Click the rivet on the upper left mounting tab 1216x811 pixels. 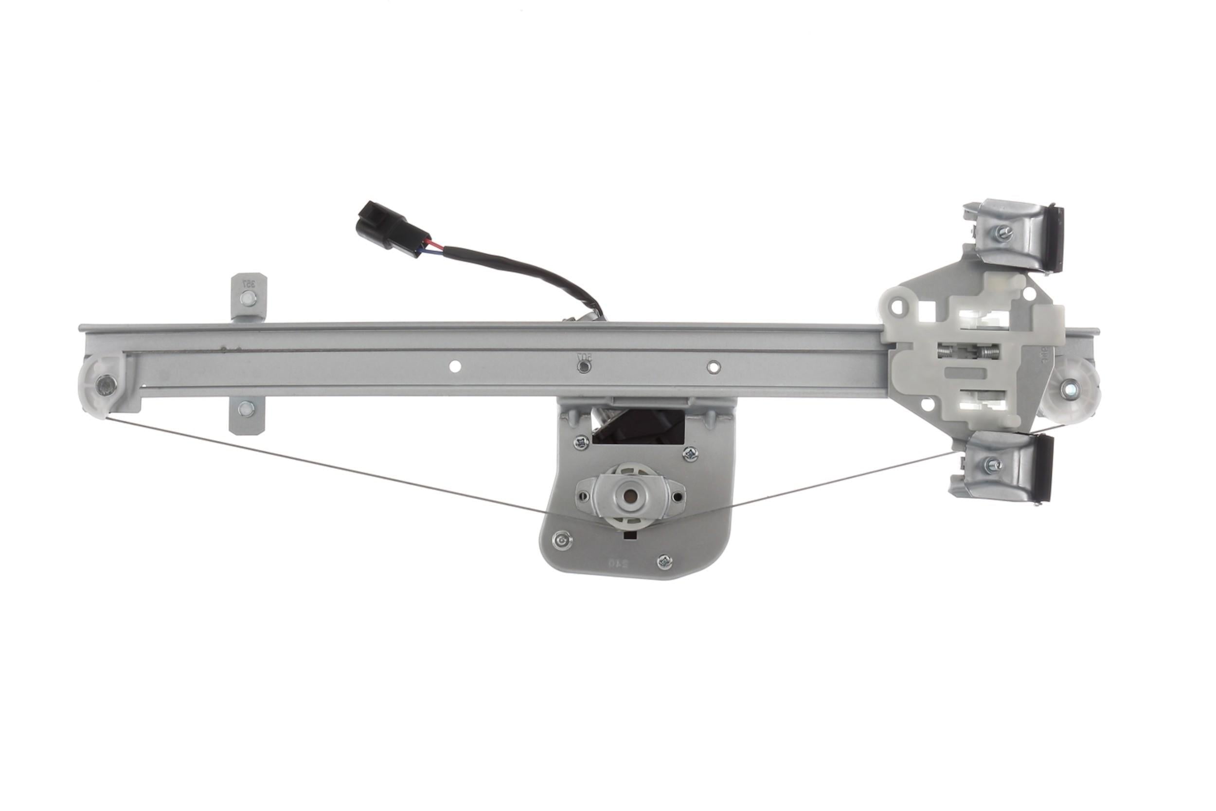[x=248, y=298]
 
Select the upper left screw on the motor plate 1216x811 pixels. [x=581, y=442]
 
